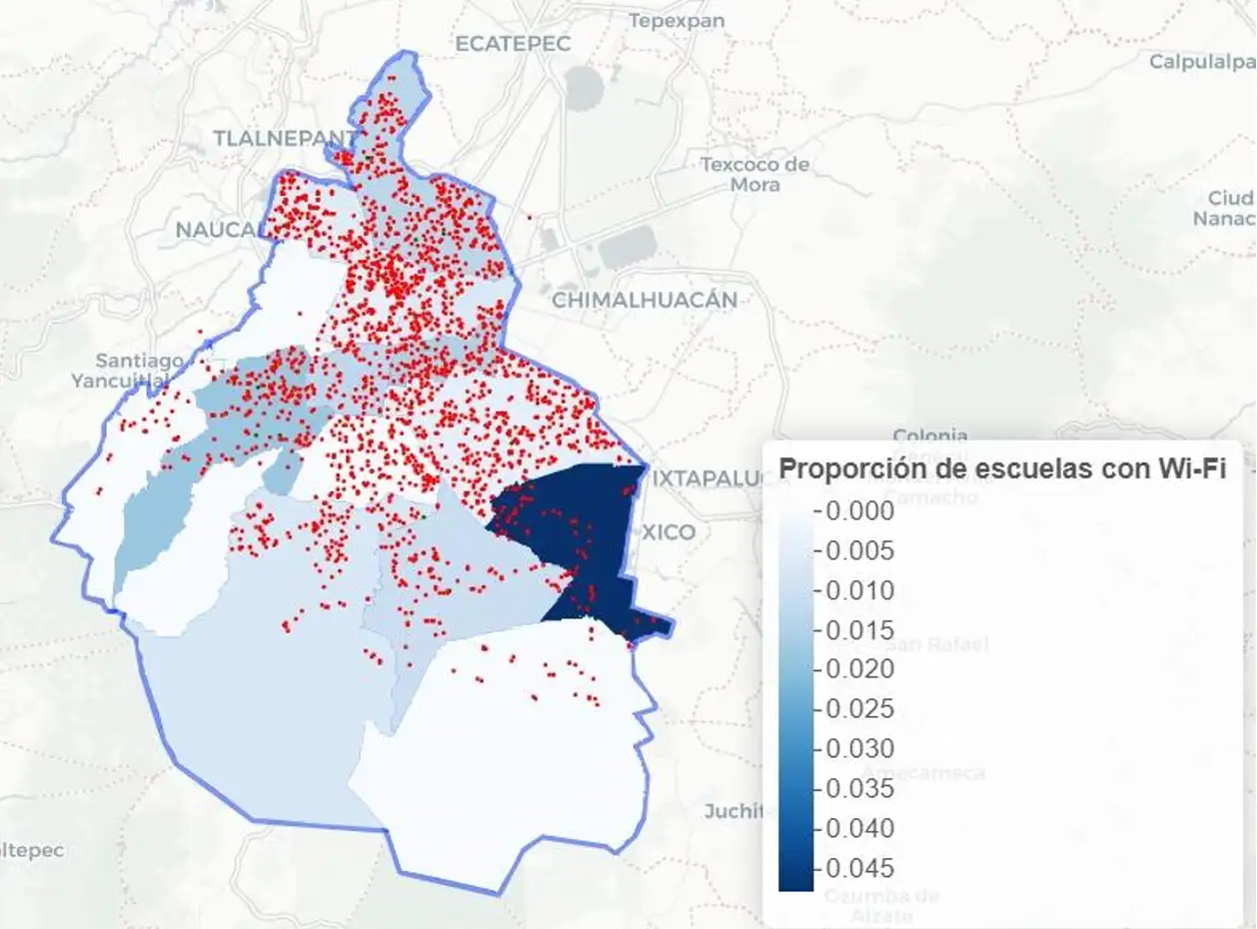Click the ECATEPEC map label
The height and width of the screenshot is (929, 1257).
tap(512, 44)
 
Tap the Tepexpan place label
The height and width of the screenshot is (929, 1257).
tap(676, 20)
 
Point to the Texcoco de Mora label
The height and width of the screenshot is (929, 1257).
tap(754, 174)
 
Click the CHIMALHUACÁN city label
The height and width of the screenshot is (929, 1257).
tap(644, 300)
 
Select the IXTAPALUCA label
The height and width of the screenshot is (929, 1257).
tap(709, 479)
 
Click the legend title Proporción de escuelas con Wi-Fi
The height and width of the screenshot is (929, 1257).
tap(1001, 468)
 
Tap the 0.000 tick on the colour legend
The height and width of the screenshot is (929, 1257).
tap(860, 511)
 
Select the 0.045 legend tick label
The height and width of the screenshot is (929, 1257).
tap(860, 868)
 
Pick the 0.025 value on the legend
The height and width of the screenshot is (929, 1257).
tap(860, 709)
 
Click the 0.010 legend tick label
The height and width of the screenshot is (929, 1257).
tap(860, 590)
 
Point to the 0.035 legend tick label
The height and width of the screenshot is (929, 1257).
tap(860, 788)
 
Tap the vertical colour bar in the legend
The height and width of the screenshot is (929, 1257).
tap(796, 699)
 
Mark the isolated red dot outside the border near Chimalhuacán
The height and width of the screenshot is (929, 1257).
tap(529, 216)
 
